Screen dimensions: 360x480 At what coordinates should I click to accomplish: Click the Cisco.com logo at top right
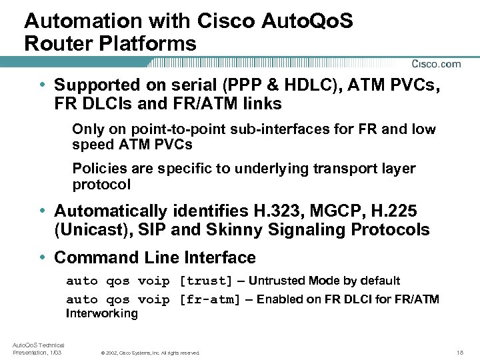[x=436, y=64]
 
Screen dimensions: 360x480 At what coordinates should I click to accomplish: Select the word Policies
[x=98, y=169]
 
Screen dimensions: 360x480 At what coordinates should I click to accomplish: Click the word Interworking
[x=101, y=313]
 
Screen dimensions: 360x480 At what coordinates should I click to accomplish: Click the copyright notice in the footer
[x=150, y=352]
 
